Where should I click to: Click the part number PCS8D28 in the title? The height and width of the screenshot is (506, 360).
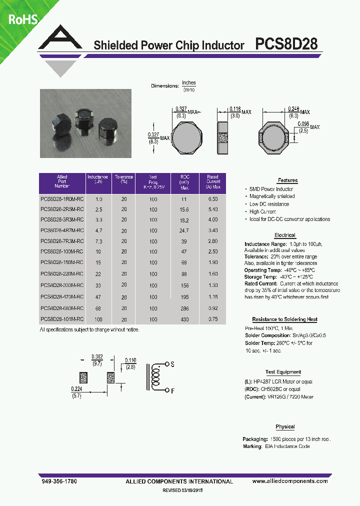pos(286,44)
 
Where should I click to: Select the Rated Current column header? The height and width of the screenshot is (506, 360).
pos(212,182)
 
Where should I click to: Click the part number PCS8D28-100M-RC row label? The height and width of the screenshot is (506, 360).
pos(62,251)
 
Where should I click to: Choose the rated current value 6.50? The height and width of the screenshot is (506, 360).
pos(213,199)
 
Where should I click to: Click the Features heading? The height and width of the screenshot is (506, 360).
pos(287,180)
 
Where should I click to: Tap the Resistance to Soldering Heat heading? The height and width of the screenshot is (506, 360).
pos(284,319)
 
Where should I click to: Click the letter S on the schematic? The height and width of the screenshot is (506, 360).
pos(172,365)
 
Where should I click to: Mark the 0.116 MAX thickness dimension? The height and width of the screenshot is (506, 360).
pos(234,108)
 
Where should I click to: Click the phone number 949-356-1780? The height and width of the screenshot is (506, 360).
pos(58,481)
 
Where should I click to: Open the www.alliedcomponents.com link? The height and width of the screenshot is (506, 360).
pos(290,481)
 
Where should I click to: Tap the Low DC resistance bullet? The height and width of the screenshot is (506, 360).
pos(269,204)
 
